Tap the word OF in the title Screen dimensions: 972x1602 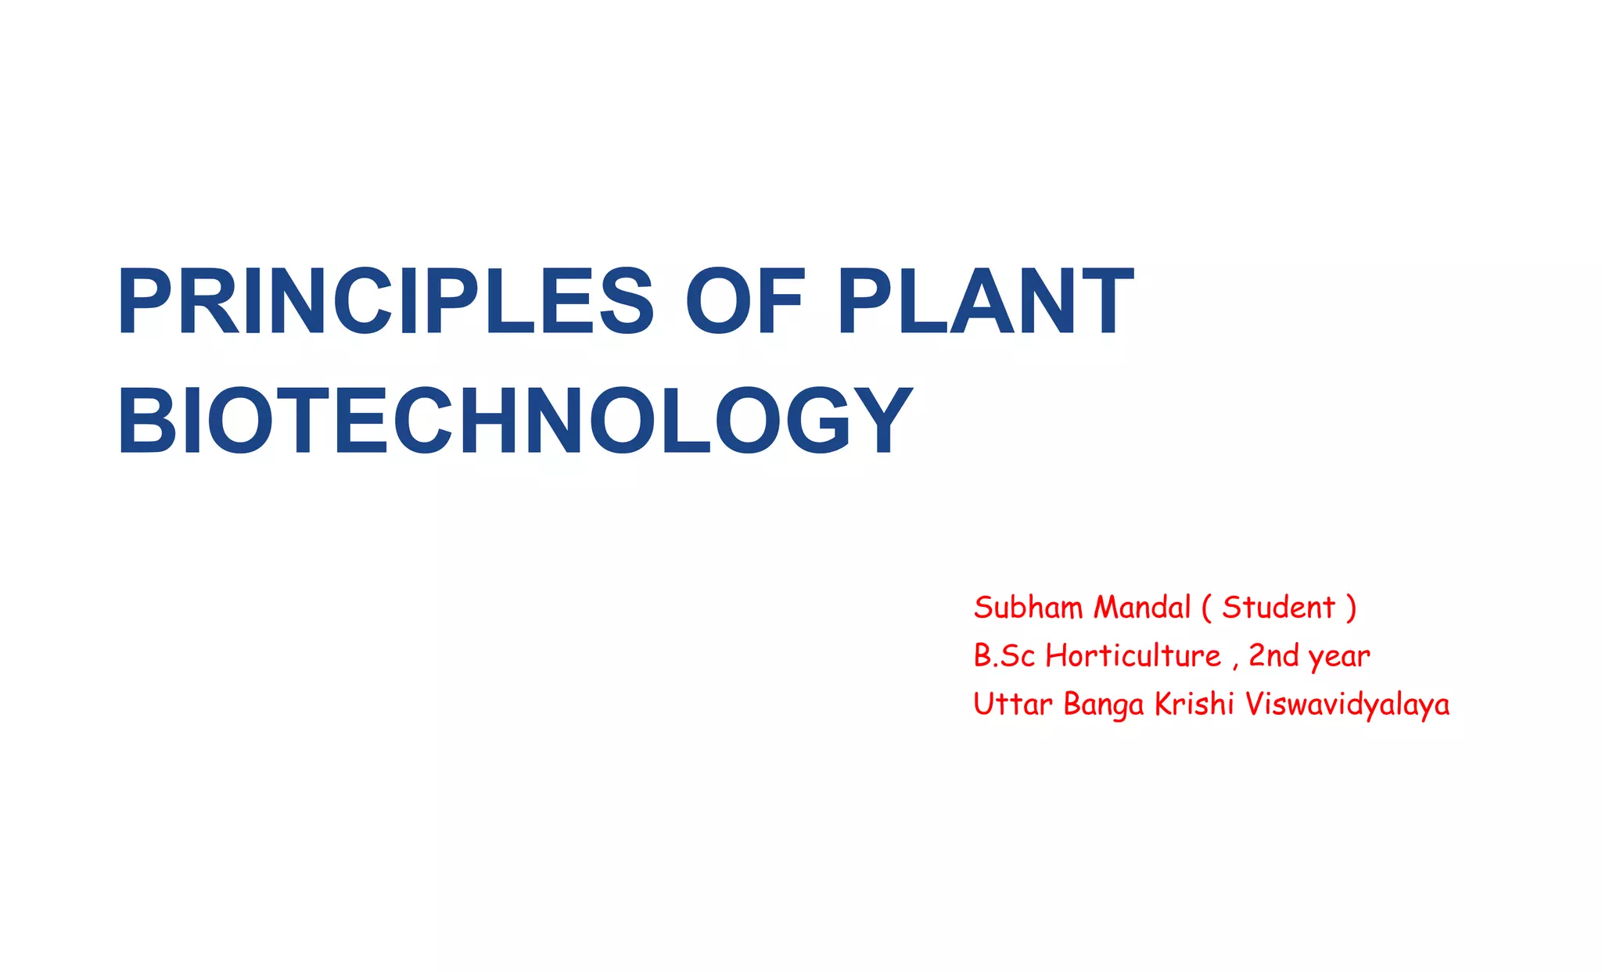744,302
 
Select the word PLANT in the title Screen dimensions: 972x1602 985,302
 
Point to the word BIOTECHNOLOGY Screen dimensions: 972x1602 515,421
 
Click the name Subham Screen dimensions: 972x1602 1028,608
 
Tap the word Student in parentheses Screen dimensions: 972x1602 1278,608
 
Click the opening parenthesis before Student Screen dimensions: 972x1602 1206,608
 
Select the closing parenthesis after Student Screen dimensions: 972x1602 1351,608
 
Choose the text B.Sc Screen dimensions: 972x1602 1004,656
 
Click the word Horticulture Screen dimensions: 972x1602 1133,656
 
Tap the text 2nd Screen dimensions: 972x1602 1273,656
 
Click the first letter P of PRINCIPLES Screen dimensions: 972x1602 145,302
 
